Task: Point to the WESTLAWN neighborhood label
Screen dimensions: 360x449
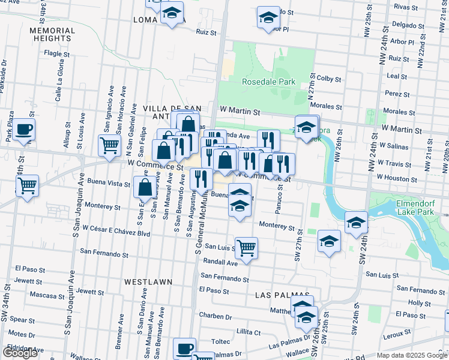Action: point(148,281)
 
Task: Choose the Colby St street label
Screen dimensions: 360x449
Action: point(329,79)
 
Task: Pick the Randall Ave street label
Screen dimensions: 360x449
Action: point(221,262)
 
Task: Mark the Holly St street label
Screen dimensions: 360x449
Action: point(415,303)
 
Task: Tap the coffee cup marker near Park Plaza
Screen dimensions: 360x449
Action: point(23,129)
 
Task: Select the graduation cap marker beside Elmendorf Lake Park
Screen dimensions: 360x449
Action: point(356,223)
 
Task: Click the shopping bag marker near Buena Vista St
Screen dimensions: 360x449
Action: point(145,187)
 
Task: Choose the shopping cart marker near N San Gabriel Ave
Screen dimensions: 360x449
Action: point(109,145)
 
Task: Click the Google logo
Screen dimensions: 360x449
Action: point(20,353)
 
